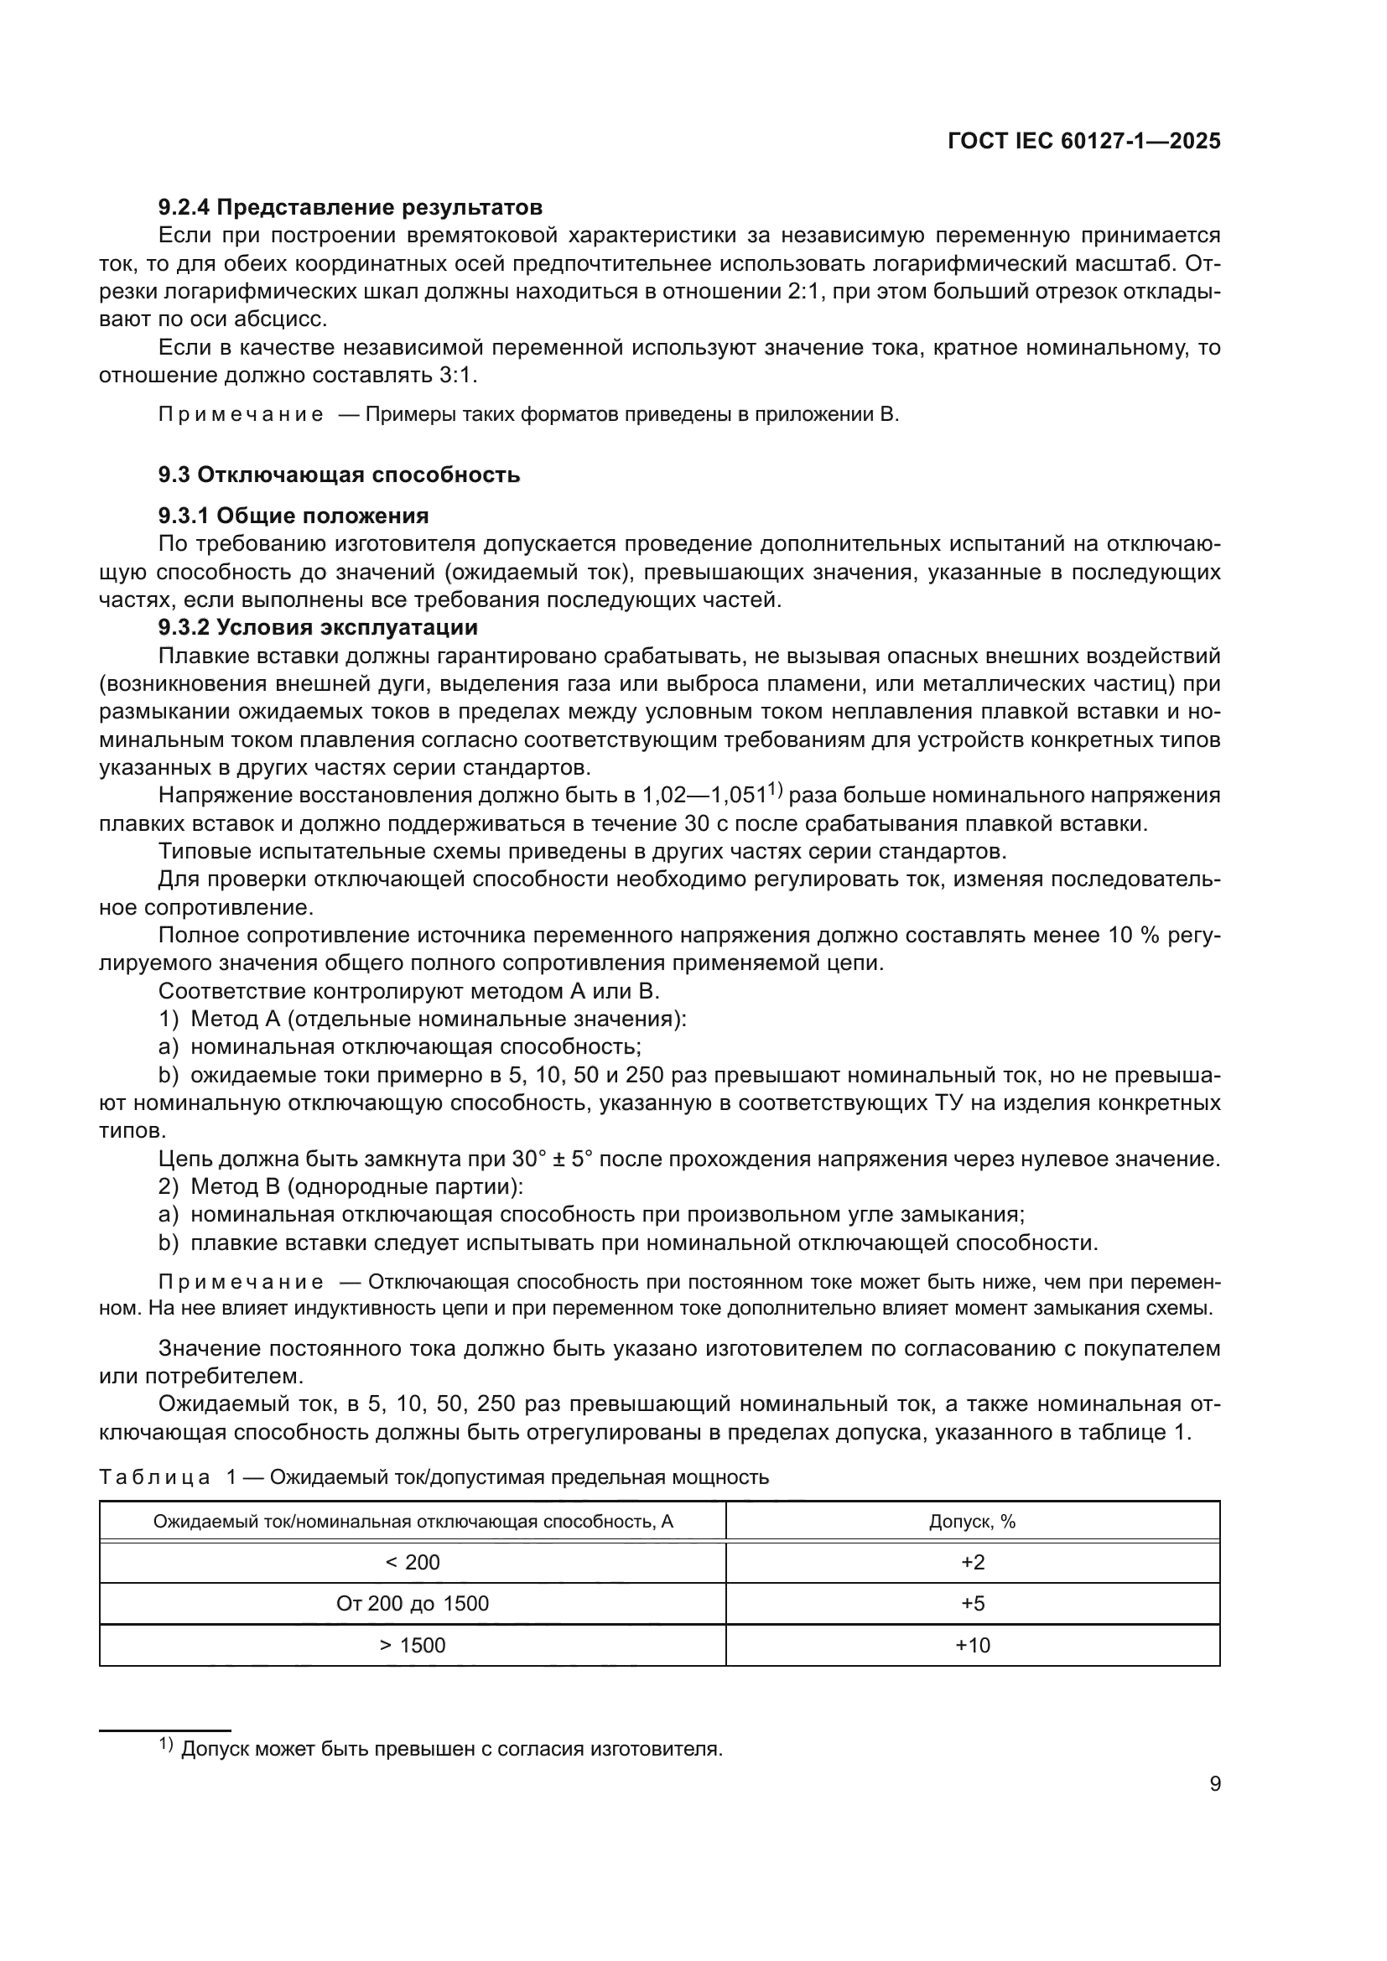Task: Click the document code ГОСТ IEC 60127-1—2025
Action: (1083, 141)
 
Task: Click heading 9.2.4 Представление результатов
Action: (351, 207)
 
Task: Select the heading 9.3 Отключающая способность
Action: (339, 474)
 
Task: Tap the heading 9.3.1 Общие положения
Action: (293, 515)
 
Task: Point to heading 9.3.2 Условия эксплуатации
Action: (318, 627)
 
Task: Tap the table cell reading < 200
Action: (413, 1562)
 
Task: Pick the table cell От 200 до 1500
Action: (413, 1603)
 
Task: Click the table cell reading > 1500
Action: (413, 1645)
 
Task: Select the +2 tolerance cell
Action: (972, 1562)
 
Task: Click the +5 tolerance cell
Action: (972, 1603)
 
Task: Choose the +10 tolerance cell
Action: (972, 1645)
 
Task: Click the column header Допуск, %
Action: (972, 1521)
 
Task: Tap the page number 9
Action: (1214, 1784)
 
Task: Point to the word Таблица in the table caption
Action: (153, 1476)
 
